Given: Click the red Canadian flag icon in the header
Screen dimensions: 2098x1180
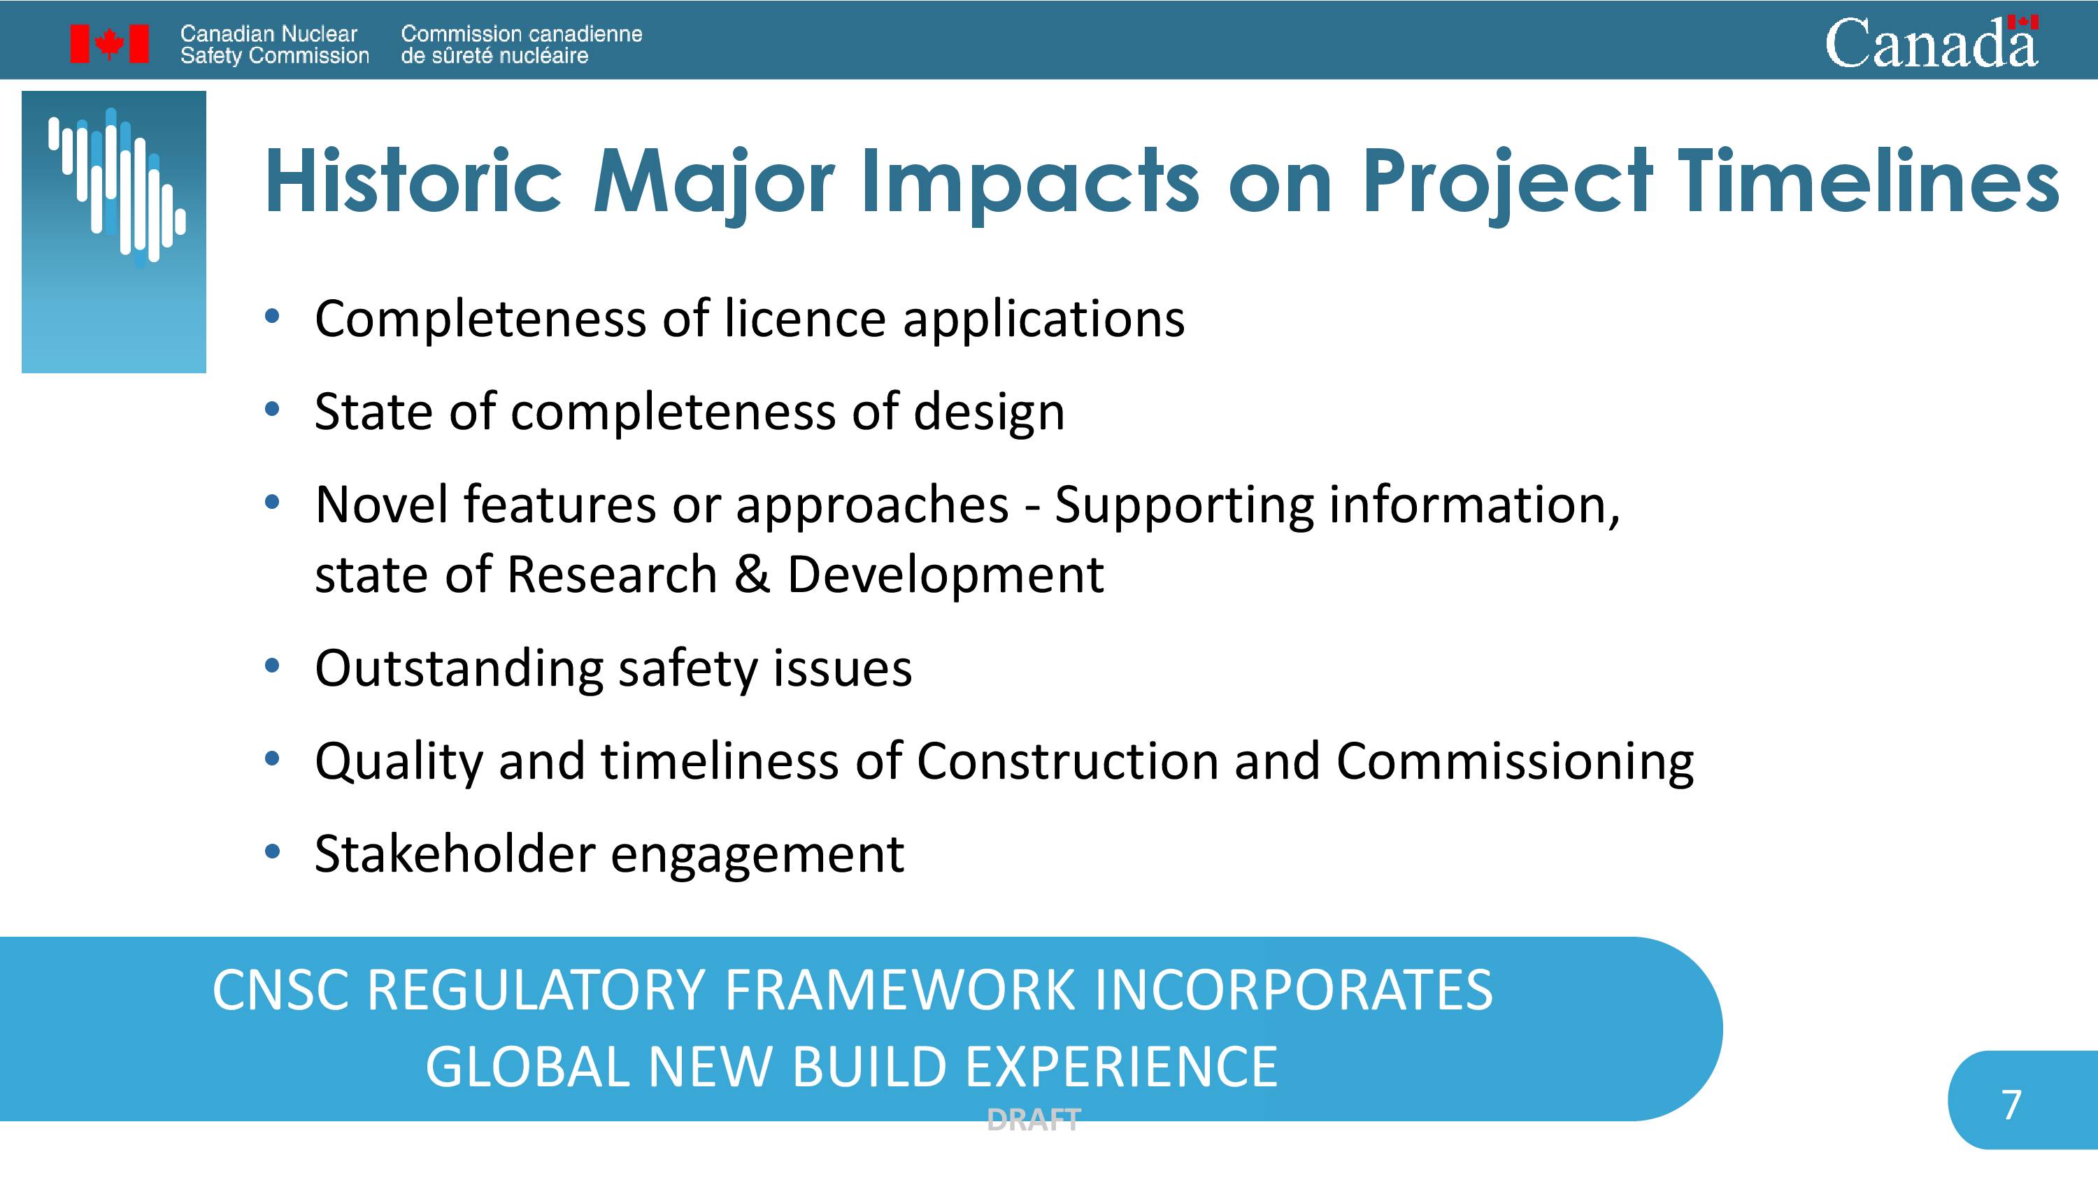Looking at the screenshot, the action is (109, 43).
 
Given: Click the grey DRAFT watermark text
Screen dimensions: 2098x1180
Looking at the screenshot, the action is (1034, 1120).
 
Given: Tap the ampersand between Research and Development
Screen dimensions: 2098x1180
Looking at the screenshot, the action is (752, 574).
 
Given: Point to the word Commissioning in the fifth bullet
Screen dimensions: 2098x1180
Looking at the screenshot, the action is (1515, 762).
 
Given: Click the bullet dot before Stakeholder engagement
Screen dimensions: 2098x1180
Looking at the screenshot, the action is (272, 852).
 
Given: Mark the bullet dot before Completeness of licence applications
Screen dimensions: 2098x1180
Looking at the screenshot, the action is (272, 316).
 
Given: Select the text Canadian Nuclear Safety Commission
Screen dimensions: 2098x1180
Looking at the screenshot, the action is (274, 45).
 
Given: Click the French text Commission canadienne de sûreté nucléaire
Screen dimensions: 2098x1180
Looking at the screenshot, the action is (521, 45).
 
